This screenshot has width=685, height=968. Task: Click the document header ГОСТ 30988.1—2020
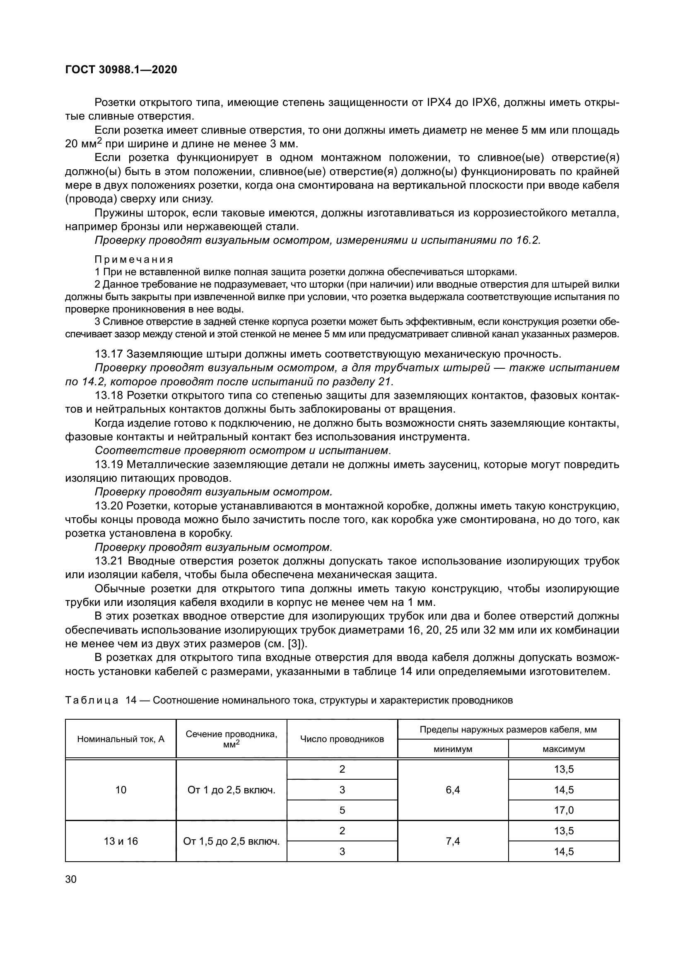[x=121, y=70]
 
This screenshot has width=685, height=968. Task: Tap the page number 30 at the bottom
[x=71, y=879]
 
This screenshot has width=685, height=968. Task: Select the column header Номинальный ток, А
[x=121, y=739]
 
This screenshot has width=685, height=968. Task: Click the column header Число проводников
[x=342, y=739]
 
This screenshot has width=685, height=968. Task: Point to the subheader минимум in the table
[x=453, y=749]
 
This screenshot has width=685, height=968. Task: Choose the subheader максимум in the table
[x=564, y=749]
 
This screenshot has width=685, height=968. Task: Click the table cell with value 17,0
[x=564, y=810]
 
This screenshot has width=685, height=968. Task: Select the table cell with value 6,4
[x=453, y=790]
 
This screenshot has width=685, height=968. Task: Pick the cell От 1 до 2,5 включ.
[x=231, y=790]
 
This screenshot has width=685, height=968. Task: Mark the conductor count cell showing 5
[x=342, y=810]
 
